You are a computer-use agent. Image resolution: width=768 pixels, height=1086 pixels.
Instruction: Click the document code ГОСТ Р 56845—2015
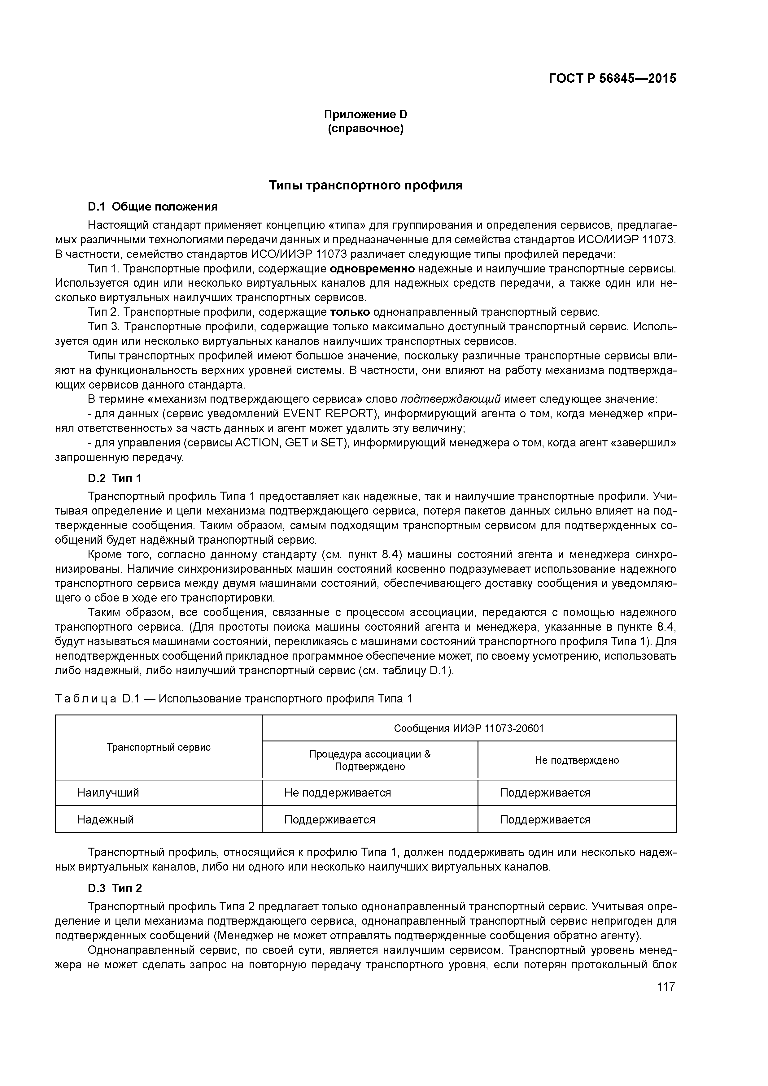coord(612,79)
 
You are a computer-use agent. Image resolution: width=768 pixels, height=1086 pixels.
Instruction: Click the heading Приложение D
coord(365,115)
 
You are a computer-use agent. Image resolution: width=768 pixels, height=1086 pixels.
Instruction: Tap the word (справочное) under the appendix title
coord(365,129)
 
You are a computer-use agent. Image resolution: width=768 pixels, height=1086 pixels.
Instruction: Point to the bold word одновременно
coord(372,269)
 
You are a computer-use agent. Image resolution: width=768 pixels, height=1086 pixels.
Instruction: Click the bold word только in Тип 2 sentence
coord(350,312)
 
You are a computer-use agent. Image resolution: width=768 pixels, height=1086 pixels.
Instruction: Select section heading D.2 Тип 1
coord(115,479)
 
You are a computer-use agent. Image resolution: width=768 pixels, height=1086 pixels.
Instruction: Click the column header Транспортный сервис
coord(159,747)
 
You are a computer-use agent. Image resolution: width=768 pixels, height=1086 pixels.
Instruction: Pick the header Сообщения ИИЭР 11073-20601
coord(469,728)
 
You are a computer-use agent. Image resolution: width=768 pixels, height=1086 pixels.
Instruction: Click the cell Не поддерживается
coord(337,793)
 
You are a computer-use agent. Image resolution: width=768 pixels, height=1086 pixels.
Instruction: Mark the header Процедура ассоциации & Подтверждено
coord(369,760)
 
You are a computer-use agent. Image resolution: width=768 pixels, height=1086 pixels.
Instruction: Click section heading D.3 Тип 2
coord(115,888)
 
